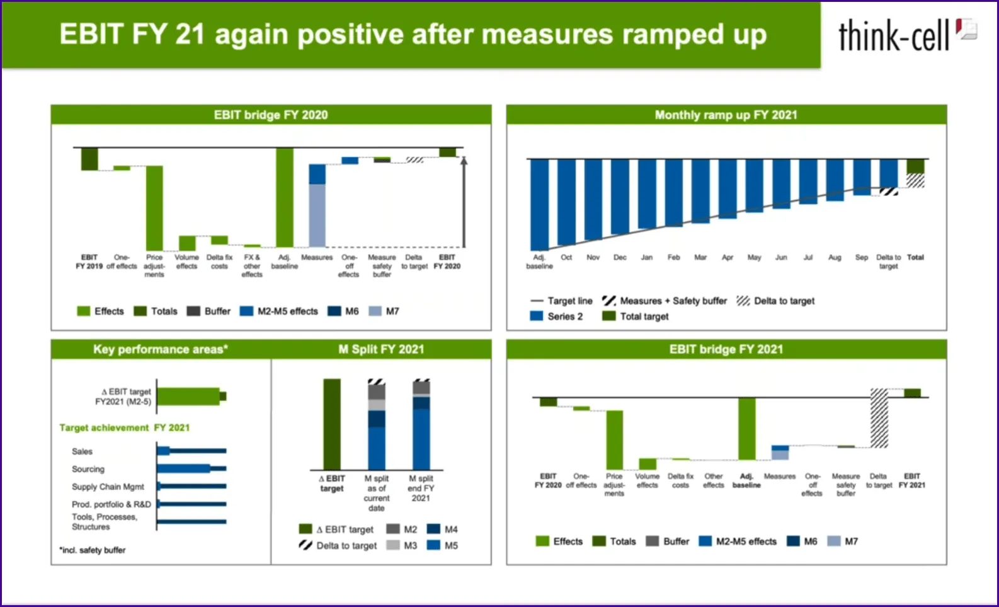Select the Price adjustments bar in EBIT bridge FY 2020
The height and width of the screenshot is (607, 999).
[154, 208]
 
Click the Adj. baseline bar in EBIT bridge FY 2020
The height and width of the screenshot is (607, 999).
[285, 197]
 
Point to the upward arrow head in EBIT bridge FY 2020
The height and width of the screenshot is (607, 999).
[464, 161]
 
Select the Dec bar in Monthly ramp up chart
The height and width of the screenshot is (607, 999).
[620, 197]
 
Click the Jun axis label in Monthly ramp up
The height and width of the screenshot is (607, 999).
[781, 258]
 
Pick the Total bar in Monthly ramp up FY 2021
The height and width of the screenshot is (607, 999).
[915, 166]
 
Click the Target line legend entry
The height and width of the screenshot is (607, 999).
[562, 301]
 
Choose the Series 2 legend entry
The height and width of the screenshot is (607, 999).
[557, 316]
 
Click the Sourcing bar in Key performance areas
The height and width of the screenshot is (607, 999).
[184, 468]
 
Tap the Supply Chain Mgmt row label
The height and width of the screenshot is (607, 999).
[108, 487]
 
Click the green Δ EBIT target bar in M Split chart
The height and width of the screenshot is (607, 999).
[332, 424]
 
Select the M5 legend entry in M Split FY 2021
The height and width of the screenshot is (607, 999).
[443, 546]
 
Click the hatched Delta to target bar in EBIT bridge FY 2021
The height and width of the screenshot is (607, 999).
[879, 419]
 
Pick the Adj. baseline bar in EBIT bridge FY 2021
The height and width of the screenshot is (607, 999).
[746, 429]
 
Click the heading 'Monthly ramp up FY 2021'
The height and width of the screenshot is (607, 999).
[726, 115]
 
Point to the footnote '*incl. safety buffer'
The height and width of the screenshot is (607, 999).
[93, 550]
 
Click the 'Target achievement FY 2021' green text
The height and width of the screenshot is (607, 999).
[124, 428]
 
